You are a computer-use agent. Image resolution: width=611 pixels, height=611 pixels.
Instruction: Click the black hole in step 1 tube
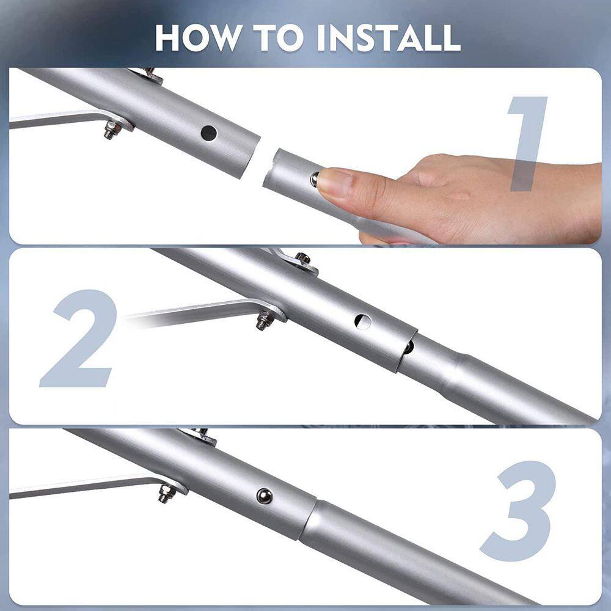pos(209,131)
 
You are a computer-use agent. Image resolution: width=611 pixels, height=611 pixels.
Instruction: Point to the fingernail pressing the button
pos(333,181)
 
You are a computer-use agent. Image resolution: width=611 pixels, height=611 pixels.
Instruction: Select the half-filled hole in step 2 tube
pos(362,321)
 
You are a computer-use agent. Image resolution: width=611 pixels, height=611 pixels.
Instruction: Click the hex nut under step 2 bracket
pos(263,320)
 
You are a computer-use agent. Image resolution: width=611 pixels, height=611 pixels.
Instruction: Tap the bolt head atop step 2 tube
pos(302,259)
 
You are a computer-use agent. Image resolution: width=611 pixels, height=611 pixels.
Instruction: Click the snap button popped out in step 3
pos(265,496)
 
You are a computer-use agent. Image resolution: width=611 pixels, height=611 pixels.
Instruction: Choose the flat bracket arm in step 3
pos(86,487)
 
